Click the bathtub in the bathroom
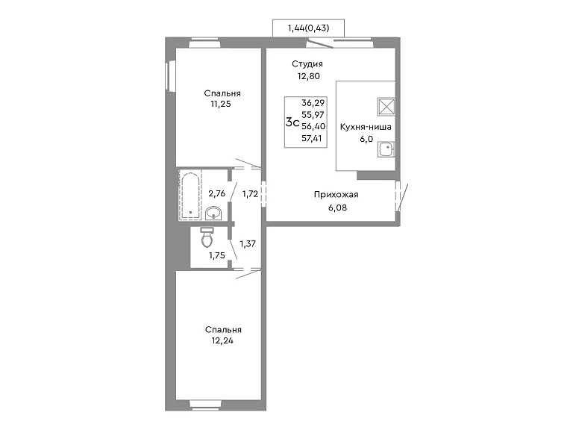point(190,196)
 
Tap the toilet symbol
point(207,237)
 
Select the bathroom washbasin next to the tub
point(213,214)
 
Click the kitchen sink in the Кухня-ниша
point(386,149)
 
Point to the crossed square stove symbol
point(386,107)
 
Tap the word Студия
point(307,64)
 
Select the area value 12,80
point(308,76)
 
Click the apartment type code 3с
point(292,122)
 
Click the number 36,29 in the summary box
point(313,103)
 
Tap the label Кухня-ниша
point(366,127)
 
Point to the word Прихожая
point(336,195)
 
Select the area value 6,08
point(338,208)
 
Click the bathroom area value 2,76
point(217,193)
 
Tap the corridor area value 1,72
point(251,194)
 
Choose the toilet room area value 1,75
point(217,255)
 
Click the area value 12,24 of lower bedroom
point(222,340)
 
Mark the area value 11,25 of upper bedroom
point(221,105)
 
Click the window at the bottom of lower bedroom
point(205,404)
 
